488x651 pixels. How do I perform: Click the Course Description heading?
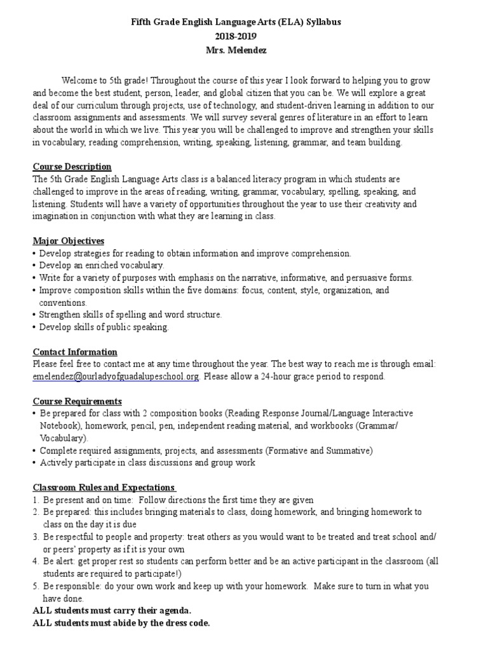(72, 167)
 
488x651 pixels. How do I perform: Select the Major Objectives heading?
(69, 241)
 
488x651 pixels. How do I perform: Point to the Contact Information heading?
(75, 352)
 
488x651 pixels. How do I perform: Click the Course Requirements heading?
(77, 401)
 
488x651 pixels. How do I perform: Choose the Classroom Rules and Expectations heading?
(104, 488)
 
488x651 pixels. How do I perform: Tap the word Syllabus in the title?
(322, 22)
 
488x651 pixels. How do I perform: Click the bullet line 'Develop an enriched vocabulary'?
(102, 265)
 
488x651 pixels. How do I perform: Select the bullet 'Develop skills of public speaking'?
(104, 327)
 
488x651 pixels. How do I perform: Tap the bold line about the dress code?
(121, 623)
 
